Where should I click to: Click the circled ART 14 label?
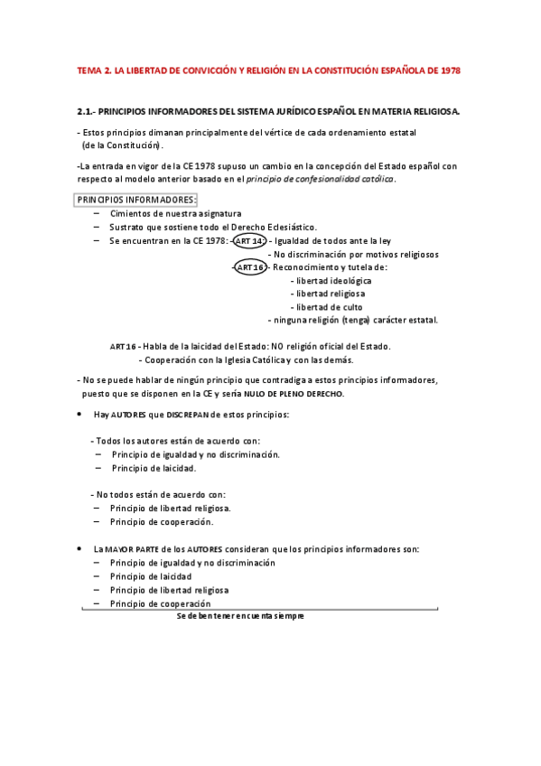point(248,241)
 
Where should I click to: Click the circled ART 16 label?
point(249,267)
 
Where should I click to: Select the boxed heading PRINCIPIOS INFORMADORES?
point(135,200)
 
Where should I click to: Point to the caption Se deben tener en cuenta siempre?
point(240,616)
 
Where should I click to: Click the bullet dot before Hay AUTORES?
point(80,415)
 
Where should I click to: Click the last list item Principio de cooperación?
point(160,603)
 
